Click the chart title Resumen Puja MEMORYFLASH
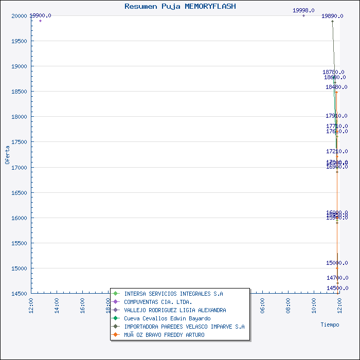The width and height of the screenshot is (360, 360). click(180, 6)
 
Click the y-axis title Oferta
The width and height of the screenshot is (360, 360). click(7, 154)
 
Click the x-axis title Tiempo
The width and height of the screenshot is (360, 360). click(330, 325)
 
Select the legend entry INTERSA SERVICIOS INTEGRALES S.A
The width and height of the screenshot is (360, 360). click(173, 294)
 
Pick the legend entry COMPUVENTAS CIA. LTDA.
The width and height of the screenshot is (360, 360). click(158, 302)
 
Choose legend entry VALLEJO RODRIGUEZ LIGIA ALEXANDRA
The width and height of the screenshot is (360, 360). click(175, 310)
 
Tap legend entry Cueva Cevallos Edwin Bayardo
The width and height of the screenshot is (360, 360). click(167, 318)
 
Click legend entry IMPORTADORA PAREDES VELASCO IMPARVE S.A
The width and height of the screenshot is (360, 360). click(184, 327)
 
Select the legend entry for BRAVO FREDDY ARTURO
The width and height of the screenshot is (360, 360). click(164, 335)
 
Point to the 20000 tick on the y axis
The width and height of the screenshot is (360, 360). click(19, 16)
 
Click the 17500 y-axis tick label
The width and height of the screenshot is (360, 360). click(19, 142)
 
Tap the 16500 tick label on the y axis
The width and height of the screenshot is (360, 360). click(19, 193)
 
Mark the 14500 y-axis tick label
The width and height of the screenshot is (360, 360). click(19, 294)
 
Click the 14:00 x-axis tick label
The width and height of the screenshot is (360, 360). click(57, 304)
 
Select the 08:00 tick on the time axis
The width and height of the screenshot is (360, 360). click(289, 304)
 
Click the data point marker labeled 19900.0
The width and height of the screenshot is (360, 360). click(40, 21)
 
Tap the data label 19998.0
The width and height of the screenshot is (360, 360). click(303, 10)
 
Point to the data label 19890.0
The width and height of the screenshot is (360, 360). click(332, 16)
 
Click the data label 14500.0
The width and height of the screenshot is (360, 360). click(337, 288)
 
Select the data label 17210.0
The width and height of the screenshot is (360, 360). click(337, 151)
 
